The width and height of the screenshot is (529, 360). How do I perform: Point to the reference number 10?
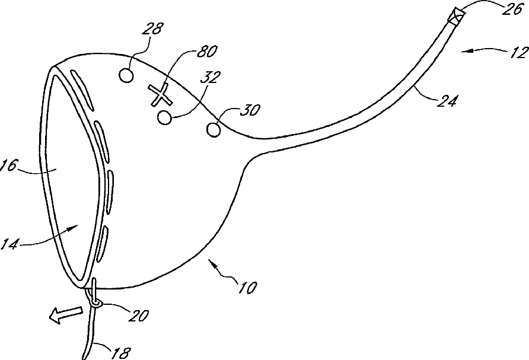pos(247,288)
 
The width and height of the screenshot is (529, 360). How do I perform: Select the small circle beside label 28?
pos(126,75)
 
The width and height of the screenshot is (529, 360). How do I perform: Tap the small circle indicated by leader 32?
pos(164,117)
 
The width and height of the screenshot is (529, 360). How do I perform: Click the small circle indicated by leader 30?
pos(213,128)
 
